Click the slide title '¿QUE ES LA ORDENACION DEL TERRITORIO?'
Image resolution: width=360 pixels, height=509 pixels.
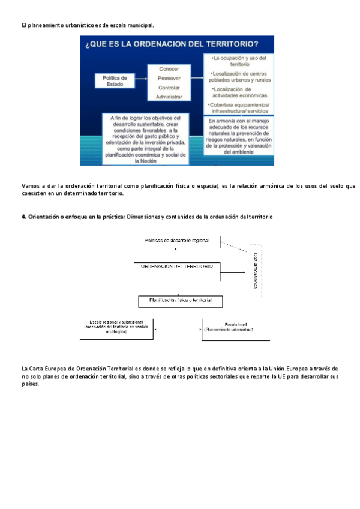(172, 44)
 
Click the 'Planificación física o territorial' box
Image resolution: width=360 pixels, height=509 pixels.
(180, 300)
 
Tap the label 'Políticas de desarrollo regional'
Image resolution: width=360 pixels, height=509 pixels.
(177, 241)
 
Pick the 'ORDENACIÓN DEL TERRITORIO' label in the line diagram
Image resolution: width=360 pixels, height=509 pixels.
(176, 265)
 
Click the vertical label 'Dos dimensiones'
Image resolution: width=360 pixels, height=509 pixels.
(256, 270)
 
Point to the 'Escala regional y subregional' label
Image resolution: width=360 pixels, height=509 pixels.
(118, 327)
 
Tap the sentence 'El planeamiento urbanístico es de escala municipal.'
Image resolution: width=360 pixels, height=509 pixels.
(87, 25)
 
